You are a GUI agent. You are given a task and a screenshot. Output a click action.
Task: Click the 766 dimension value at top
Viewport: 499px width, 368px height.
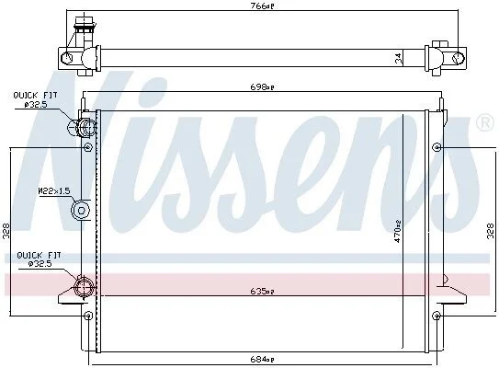(x=262, y=6)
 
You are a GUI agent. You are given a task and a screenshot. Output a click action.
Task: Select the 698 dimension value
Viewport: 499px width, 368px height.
(x=262, y=86)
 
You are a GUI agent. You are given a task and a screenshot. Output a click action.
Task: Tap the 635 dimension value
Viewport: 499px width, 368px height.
(x=262, y=291)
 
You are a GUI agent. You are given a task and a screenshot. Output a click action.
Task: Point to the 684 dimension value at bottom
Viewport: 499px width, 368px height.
(x=262, y=359)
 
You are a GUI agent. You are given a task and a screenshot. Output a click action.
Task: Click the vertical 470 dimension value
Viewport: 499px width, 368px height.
(x=398, y=232)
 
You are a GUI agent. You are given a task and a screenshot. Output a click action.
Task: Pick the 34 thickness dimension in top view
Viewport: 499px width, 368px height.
(x=399, y=58)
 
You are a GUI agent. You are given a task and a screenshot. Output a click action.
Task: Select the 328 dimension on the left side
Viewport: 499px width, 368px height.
(x=6, y=231)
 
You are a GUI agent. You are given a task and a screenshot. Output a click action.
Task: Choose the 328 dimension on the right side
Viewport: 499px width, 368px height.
(x=491, y=231)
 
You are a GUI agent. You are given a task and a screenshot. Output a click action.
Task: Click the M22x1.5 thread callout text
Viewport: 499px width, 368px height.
(x=54, y=191)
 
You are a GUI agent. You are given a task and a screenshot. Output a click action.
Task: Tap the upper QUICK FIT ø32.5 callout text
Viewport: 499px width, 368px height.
(x=35, y=99)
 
